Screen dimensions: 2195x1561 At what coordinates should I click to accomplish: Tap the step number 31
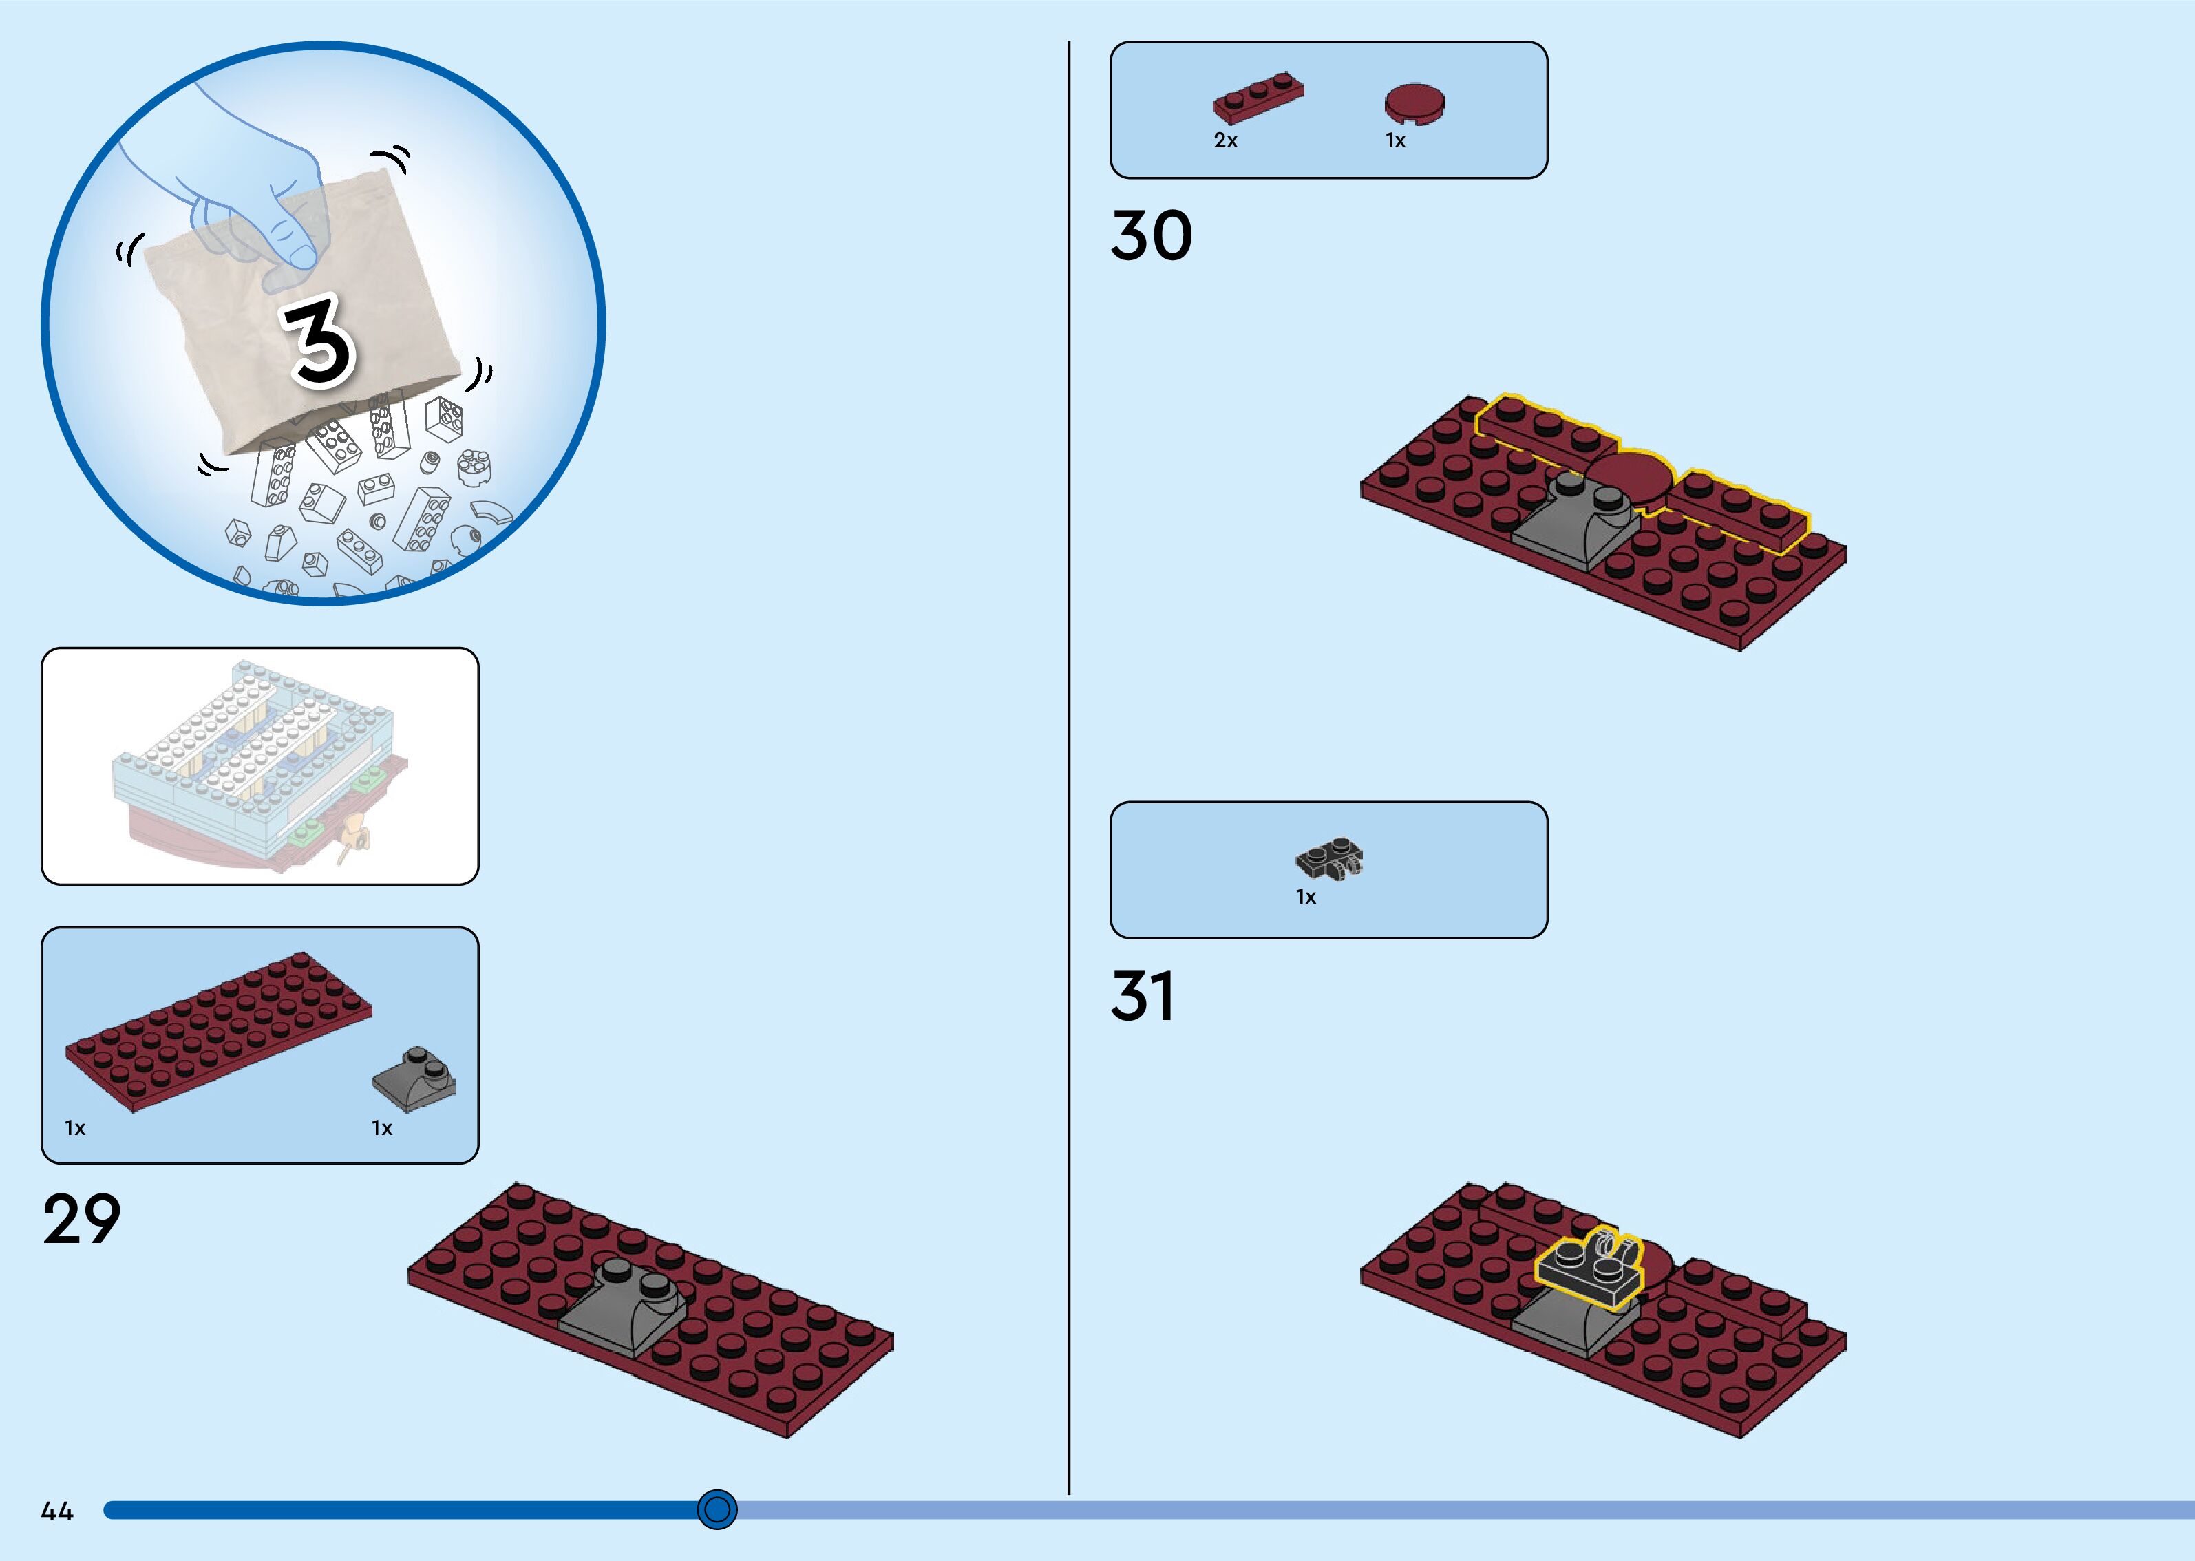click(1143, 996)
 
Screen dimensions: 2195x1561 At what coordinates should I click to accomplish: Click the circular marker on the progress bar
click(717, 1509)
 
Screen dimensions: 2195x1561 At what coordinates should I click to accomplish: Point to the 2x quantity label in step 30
click(1225, 140)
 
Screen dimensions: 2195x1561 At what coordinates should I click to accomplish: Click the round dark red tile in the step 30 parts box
click(1414, 103)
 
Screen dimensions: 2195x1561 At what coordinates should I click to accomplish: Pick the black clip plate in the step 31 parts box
click(1329, 856)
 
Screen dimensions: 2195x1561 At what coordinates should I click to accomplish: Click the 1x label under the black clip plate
click(1305, 897)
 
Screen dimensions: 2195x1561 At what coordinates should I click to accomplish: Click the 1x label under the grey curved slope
click(381, 1129)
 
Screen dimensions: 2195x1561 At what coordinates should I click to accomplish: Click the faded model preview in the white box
click(259, 766)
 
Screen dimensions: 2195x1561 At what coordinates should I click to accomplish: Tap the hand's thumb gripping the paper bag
click(294, 240)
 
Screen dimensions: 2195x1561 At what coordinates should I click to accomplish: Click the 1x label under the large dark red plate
click(75, 1129)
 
